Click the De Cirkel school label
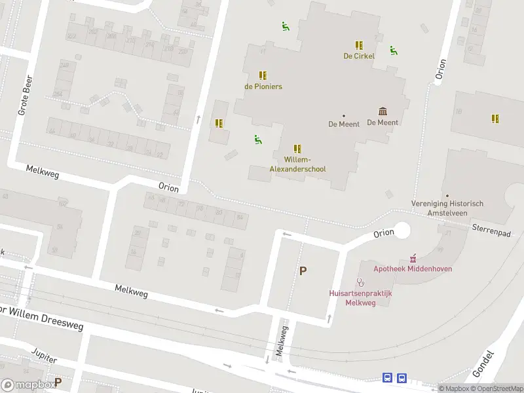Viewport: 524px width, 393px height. tap(359, 56)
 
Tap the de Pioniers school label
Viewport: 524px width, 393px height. tap(263, 86)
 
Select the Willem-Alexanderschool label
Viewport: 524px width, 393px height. tap(297, 164)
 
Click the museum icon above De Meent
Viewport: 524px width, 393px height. tap(383, 111)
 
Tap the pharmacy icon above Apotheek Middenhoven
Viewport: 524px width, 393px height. tap(413, 258)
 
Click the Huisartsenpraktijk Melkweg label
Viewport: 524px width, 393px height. tap(360, 298)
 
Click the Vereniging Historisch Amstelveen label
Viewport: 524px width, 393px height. tap(447, 208)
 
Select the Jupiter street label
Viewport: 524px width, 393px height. tap(44, 356)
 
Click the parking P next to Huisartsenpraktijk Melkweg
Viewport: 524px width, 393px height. tap(303, 271)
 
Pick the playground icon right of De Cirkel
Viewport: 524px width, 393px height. tap(393, 50)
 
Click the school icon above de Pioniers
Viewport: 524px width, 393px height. tap(263, 75)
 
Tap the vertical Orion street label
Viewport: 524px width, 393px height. tap(441, 69)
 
